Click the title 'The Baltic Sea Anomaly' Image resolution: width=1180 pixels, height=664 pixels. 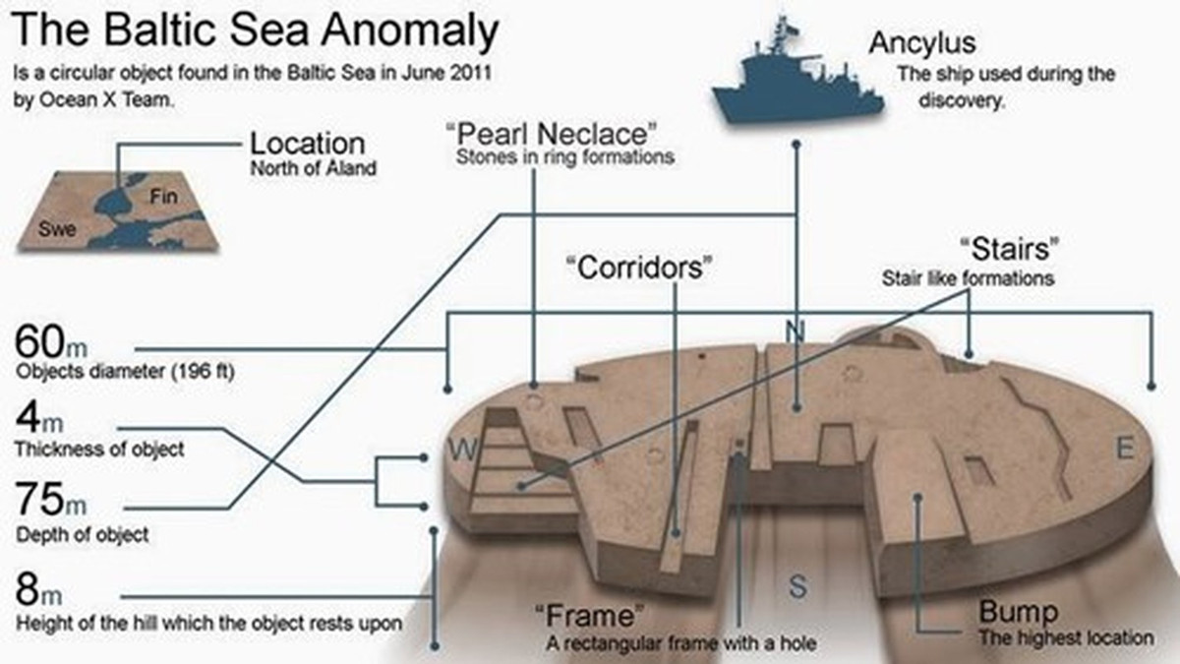(x=255, y=33)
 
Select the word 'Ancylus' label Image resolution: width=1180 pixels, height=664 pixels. (x=921, y=43)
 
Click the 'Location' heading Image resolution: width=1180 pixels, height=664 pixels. (x=307, y=144)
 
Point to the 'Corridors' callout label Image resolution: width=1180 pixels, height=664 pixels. (x=638, y=267)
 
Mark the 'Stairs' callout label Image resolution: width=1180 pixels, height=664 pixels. (x=1014, y=249)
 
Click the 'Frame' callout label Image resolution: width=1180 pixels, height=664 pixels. (x=590, y=618)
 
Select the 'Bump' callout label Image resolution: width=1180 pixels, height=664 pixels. (x=1018, y=613)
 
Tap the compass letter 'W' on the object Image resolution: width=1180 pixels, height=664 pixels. (x=462, y=451)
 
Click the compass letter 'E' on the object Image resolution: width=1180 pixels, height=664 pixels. (x=1126, y=450)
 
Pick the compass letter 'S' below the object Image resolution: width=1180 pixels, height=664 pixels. (x=797, y=587)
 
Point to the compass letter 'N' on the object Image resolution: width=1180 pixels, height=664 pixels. (x=796, y=332)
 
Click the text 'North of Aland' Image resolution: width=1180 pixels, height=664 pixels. (x=313, y=168)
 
